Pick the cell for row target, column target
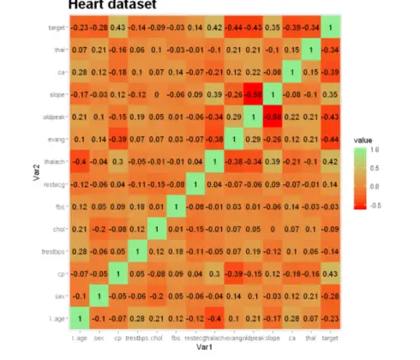pyautogui.click(x=329, y=27)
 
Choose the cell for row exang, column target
pyautogui.click(x=329, y=139)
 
